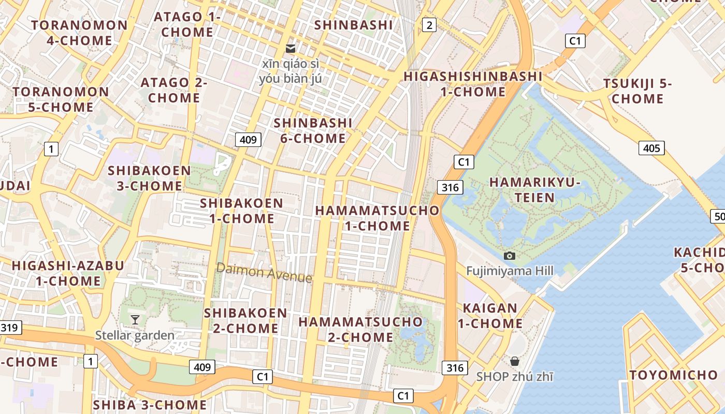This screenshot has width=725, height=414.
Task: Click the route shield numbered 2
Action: (x=429, y=24)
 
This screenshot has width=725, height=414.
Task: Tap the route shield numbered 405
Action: (x=651, y=149)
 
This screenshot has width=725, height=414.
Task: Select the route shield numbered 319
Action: (x=10, y=327)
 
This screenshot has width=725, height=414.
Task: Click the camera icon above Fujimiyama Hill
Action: (x=510, y=256)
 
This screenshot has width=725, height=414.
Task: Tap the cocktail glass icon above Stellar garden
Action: (x=135, y=319)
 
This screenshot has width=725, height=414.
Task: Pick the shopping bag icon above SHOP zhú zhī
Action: (x=514, y=361)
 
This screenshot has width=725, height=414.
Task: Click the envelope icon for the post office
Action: (x=291, y=49)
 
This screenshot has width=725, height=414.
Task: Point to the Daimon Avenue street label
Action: (x=264, y=272)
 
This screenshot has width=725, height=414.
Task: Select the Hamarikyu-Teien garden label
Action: (x=535, y=190)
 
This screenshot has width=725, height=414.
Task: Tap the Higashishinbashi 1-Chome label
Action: (x=473, y=84)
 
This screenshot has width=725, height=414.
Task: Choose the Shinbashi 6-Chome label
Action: (x=313, y=130)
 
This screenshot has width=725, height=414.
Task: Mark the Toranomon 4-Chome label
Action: (x=79, y=33)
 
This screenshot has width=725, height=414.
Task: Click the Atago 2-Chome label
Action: (x=174, y=90)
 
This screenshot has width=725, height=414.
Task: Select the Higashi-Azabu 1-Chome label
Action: (x=68, y=273)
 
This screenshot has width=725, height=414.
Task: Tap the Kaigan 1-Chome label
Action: (x=490, y=316)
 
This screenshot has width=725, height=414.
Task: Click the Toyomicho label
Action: (x=673, y=375)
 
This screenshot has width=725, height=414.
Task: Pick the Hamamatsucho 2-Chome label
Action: (x=360, y=329)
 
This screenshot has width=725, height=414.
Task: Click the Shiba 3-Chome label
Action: (x=150, y=405)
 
